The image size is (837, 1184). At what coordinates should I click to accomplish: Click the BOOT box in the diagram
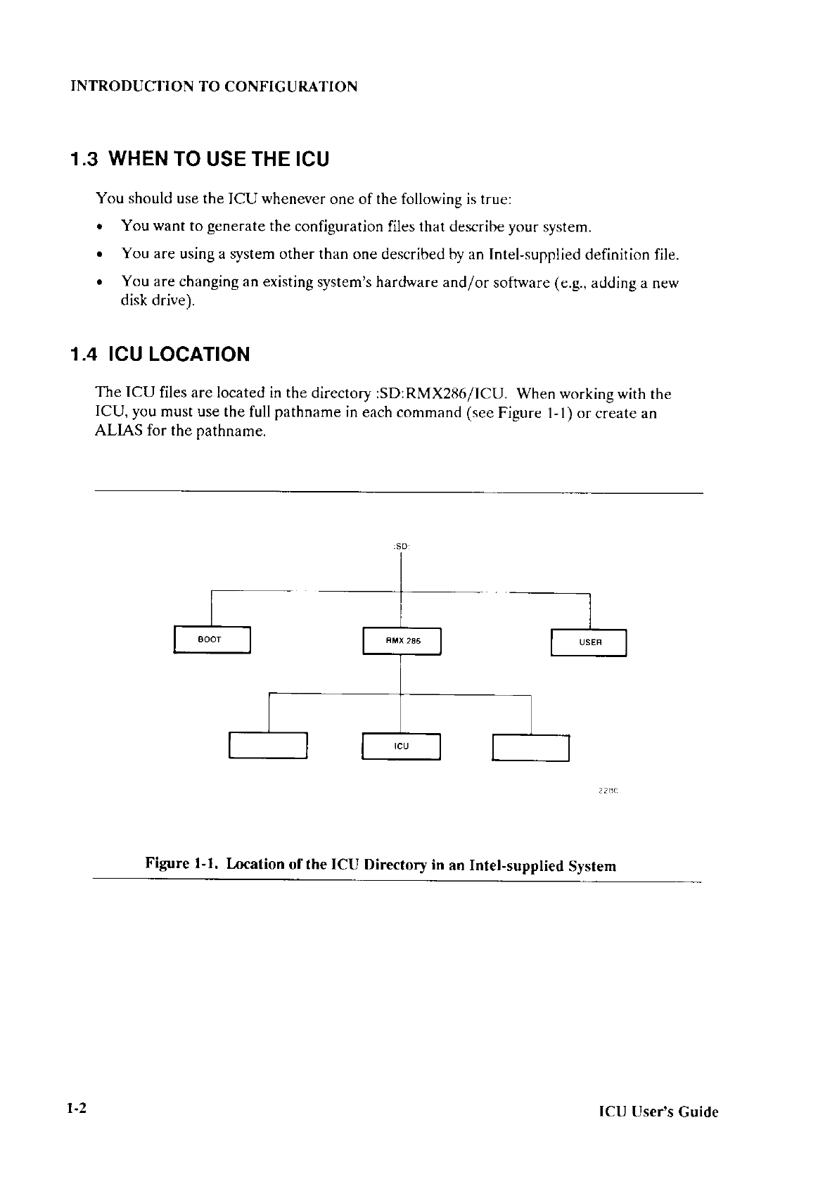tap(212, 639)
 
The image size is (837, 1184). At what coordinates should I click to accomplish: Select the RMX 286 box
tap(402, 641)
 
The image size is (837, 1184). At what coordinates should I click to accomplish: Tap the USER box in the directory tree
tap(589, 642)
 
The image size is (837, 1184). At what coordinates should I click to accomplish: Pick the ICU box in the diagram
tap(401, 746)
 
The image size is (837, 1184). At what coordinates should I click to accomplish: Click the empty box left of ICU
tap(268, 746)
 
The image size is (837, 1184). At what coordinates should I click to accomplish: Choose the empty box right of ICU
tap(530, 748)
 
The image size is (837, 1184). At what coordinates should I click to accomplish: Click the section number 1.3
tap(84, 160)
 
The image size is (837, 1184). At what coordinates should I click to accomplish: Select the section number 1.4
tap(84, 354)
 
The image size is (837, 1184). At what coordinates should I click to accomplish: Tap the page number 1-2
tap(76, 1109)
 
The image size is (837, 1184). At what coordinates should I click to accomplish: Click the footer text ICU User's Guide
tap(658, 1112)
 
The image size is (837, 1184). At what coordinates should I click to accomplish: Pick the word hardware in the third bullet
tap(402, 283)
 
